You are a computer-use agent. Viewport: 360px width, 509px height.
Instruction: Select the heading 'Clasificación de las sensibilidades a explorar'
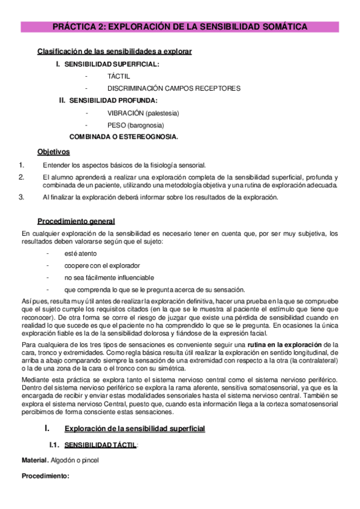pyautogui.click(x=115, y=52)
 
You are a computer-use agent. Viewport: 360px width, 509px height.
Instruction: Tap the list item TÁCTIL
pyautogui.click(x=119, y=76)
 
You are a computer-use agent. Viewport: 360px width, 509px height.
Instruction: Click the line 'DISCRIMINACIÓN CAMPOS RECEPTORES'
pyautogui.click(x=174, y=88)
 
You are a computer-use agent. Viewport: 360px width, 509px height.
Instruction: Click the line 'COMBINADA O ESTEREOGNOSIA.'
pyautogui.click(x=124, y=137)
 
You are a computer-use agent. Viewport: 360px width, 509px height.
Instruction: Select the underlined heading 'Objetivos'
pyautogui.click(x=53, y=152)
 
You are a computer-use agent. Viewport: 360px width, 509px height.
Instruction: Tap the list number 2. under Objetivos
pyautogui.click(x=21, y=177)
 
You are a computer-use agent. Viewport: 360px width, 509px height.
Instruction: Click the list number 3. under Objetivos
pyautogui.click(x=21, y=197)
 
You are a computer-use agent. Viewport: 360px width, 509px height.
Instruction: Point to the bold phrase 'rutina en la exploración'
pyautogui.click(x=281, y=345)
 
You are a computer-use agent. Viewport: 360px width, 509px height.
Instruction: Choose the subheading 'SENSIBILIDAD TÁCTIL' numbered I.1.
pyautogui.click(x=100, y=445)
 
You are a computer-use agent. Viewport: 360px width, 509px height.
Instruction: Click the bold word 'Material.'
pyautogui.click(x=35, y=460)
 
